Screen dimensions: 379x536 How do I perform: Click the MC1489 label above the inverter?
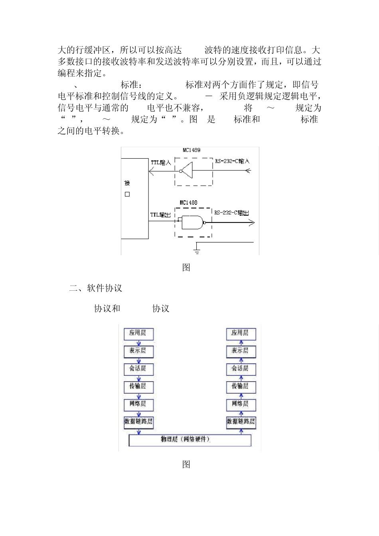191,150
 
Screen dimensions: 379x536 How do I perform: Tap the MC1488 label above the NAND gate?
188,203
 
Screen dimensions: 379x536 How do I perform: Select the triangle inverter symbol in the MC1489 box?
187,171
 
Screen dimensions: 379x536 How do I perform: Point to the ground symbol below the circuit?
197,250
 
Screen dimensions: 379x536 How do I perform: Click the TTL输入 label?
161,163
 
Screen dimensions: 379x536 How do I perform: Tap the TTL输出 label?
160,215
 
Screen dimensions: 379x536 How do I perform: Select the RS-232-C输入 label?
232,161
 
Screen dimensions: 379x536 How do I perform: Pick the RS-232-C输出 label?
231,213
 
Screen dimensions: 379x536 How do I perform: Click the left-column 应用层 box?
138,333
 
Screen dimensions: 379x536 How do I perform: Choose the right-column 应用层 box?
241,333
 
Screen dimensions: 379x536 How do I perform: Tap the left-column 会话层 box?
138,369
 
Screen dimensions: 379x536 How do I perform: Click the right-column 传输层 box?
241,386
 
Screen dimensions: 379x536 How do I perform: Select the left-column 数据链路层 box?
138,422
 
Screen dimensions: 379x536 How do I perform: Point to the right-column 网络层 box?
241,404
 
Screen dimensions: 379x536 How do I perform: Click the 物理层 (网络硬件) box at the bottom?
190,440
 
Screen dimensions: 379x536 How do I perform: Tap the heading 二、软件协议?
96,288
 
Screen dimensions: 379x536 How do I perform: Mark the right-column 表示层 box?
241,351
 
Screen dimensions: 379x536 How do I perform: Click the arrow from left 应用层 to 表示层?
138,343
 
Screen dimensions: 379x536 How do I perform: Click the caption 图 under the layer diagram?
186,464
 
